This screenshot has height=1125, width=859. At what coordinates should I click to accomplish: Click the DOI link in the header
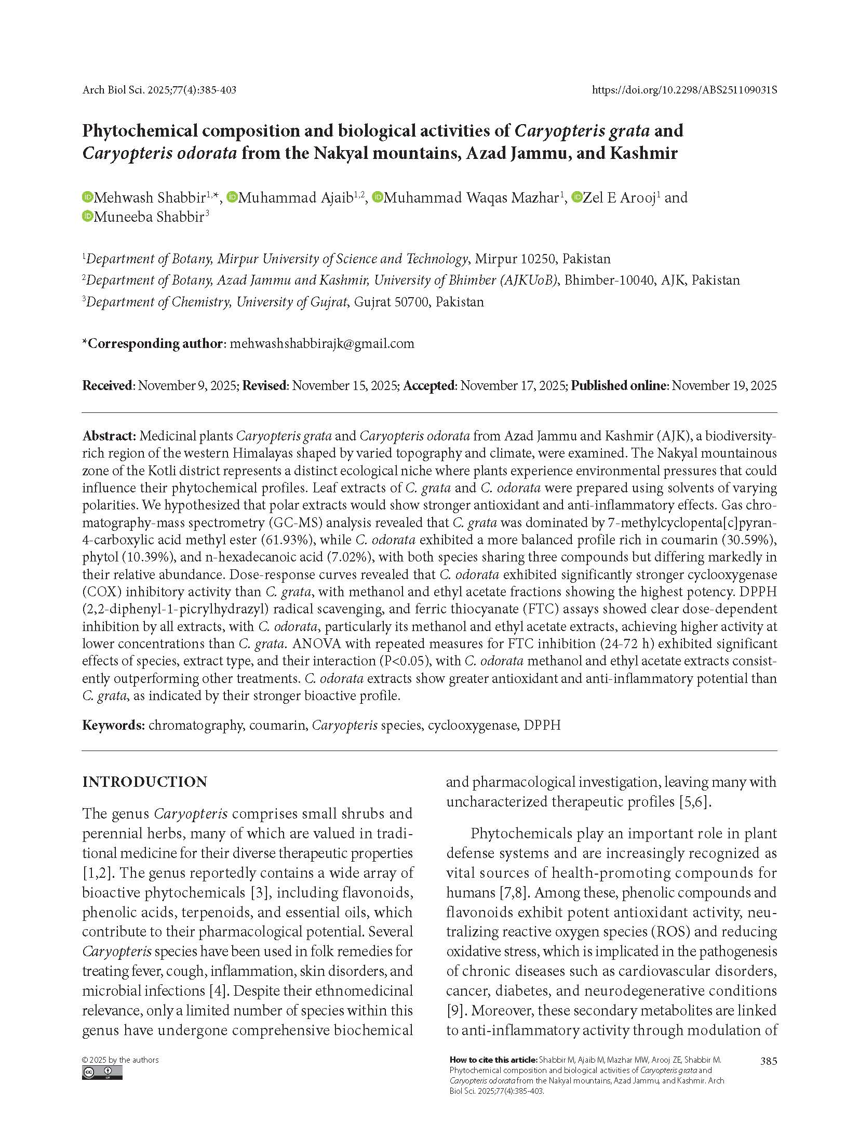pyautogui.click(x=684, y=90)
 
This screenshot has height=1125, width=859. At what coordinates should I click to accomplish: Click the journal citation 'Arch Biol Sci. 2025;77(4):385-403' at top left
pyautogui.click(x=159, y=90)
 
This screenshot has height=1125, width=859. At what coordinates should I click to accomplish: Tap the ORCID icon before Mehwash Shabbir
pyautogui.click(x=87, y=197)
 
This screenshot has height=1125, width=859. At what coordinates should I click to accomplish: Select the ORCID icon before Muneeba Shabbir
pyautogui.click(x=87, y=217)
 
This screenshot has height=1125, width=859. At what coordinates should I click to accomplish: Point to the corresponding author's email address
pyautogui.click(x=321, y=343)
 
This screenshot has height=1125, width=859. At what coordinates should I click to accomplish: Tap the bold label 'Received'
pyautogui.click(x=108, y=385)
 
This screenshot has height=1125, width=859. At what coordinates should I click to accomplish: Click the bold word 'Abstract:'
pyautogui.click(x=109, y=435)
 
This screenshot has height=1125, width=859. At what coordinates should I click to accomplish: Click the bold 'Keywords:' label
pyautogui.click(x=113, y=725)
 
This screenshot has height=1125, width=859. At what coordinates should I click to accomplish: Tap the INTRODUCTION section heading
pyautogui.click(x=145, y=782)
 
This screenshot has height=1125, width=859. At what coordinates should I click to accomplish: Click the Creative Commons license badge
pyautogui.click(x=102, y=1073)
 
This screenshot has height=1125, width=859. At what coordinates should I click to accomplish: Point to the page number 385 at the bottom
pyautogui.click(x=768, y=1061)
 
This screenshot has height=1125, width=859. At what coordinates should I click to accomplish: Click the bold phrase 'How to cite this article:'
pyautogui.click(x=493, y=1060)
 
